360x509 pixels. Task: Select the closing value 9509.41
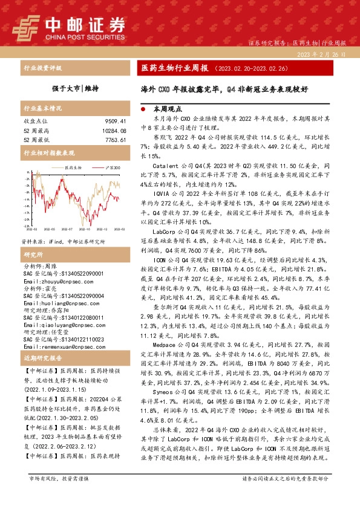point(113,121)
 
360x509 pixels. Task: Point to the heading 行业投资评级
point(39,68)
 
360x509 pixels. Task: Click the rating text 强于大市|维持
point(75,88)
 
